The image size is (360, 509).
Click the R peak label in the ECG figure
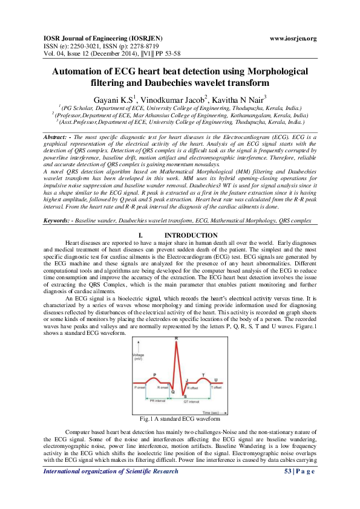pyautogui.click(x=176, y=339)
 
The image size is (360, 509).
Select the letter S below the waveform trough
pyautogui.click(x=185, y=397)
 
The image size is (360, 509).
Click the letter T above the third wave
pyautogui.click(x=203, y=375)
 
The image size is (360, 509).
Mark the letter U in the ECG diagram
pyautogui.click(x=216, y=380)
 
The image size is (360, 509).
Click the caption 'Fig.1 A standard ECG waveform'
pyautogui.click(x=180, y=418)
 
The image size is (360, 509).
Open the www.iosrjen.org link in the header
pyautogui.click(x=293, y=39)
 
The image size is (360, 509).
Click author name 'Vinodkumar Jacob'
pyautogui.click(x=176, y=99)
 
